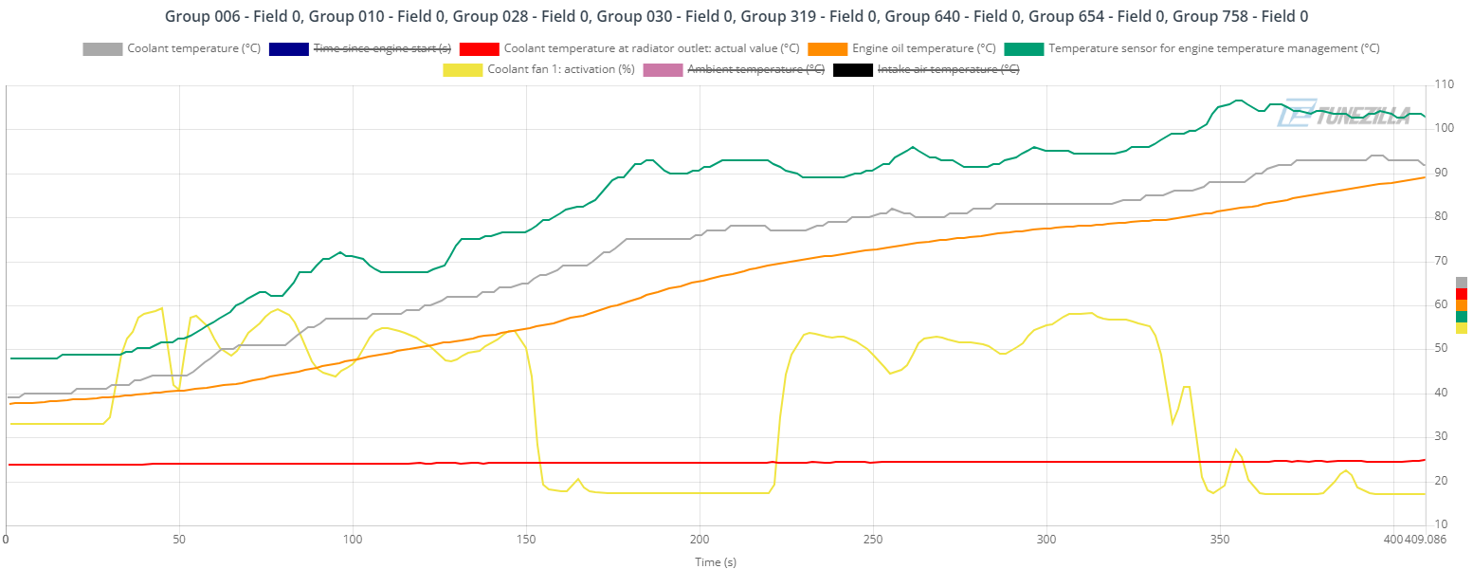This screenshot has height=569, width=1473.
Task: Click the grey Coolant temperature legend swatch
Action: pos(102,48)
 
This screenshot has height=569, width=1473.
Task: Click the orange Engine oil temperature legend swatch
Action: pos(827,48)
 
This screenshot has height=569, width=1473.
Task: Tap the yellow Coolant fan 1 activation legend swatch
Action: pos(462,69)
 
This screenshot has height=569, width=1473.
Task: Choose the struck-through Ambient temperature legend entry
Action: pos(755,69)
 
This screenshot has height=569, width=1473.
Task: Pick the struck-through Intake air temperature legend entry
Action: pos(948,69)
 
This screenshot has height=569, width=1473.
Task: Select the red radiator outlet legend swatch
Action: pos(479,48)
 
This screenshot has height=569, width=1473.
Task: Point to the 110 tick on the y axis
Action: pos(1444,85)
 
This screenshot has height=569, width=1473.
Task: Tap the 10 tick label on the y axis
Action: pos(1441,524)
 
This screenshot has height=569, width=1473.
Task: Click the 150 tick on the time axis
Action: pos(526,539)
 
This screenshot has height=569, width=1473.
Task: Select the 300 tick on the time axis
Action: pos(1046,539)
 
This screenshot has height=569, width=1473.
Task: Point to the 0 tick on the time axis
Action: pos(7,539)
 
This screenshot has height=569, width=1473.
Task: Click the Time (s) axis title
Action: pos(716,561)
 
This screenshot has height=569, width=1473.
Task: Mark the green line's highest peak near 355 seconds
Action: pos(1237,101)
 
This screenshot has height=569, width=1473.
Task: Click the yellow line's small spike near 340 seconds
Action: pos(1185,387)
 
